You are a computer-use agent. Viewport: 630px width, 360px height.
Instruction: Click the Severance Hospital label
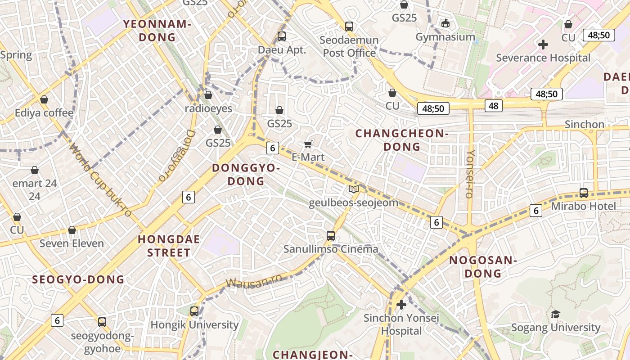[543, 58]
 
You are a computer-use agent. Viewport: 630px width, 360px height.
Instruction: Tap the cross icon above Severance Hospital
[543, 45]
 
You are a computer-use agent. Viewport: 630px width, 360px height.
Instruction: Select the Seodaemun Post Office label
[349, 46]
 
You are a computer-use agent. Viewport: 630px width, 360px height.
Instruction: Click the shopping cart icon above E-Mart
[308, 144]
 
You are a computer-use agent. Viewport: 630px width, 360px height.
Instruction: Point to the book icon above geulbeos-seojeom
[354, 189]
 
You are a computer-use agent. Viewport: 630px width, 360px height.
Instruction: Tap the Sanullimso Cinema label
[331, 249]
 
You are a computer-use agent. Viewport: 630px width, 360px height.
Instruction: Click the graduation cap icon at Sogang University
[556, 314]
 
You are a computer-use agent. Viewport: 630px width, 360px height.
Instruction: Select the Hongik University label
[194, 324]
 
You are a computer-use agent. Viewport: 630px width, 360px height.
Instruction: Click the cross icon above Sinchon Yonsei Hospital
[401, 305]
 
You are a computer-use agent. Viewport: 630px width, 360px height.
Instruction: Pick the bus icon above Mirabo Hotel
[584, 193]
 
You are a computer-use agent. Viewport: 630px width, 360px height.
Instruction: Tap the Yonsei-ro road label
[470, 174]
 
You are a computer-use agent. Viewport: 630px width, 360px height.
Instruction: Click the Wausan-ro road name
[254, 281]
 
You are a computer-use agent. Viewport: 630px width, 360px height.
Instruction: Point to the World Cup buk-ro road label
[101, 180]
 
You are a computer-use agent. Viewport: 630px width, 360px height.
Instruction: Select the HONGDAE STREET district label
[169, 246]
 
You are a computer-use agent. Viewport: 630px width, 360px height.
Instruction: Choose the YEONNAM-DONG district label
[157, 31]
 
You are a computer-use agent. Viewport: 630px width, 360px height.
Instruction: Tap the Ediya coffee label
[44, 112]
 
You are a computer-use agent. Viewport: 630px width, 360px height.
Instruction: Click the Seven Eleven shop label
[72, 243]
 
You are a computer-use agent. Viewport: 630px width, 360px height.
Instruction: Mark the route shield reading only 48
[494, 106]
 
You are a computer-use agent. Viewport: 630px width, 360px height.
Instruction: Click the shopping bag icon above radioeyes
[208, 95]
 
